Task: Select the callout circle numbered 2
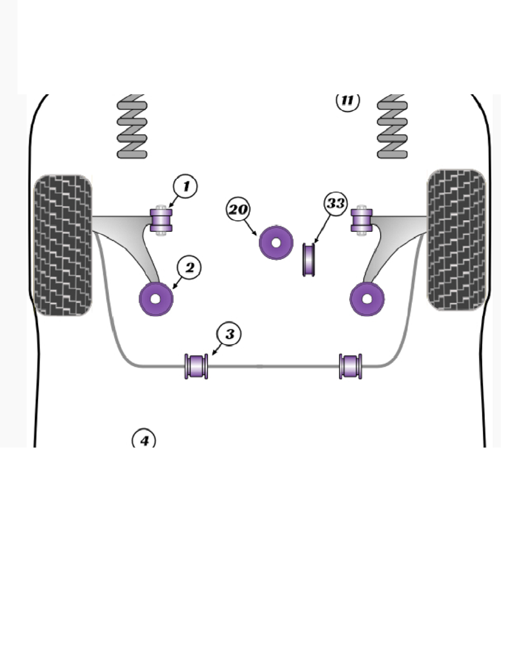189,267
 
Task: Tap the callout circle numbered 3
229,334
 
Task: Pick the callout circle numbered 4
144,440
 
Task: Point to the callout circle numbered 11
347,101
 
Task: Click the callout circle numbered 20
238,209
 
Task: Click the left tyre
62,245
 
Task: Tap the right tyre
456,240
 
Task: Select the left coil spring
132,127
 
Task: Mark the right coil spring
392,127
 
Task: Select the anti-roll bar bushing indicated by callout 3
196,366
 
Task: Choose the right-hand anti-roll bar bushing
351,366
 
